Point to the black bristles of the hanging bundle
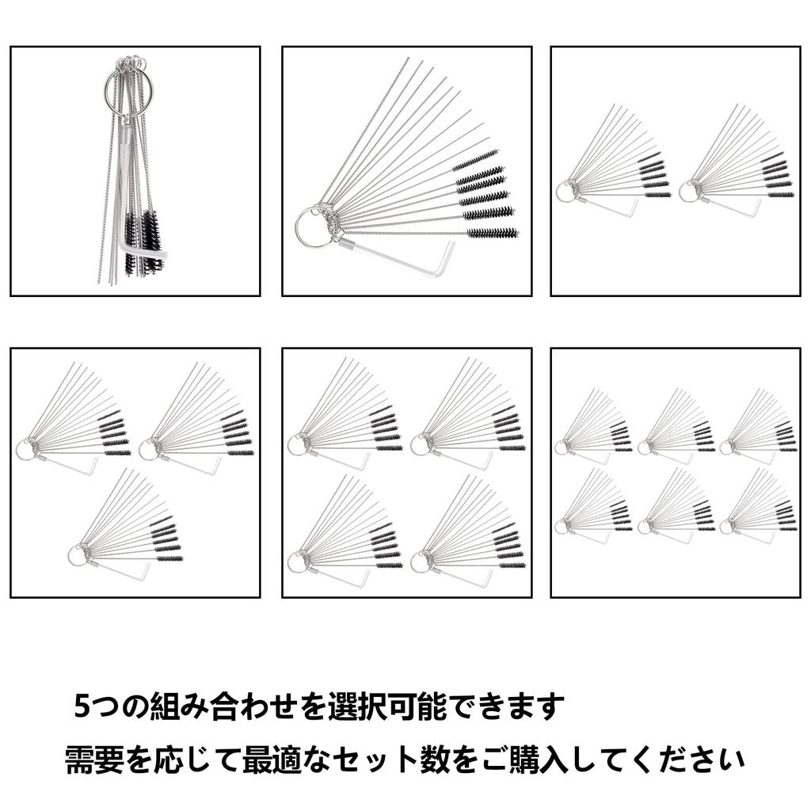tap(144, 241)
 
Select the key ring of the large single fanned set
tap(298, 228)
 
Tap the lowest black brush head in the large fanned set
tap(493, 233)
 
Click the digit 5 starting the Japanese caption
tap(82, 706)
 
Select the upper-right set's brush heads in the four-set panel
tap(509, 428)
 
